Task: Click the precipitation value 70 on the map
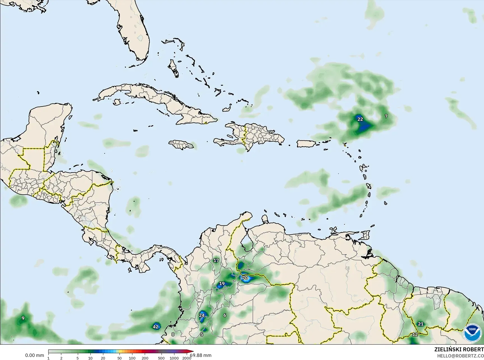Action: [x=245, y=278]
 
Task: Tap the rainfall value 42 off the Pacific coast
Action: [x=156, y=327]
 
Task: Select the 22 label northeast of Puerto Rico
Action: [x=360, y=119]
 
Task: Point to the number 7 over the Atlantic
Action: [x=386, y=116]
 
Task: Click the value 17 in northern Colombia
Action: [x=216, y=260]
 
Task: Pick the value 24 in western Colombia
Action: [x=202, y=315]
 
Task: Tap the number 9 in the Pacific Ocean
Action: [x=23, y=318]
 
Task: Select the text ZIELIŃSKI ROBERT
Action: [x=459, y=349]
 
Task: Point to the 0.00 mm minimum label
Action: [x=34, y=356]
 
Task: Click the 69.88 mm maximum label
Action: [x=201, y=356]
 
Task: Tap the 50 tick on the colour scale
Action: [x=119, y=358]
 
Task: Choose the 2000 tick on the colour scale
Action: [x=187, y=358]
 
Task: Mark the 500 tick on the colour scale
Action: [x=161, y=358]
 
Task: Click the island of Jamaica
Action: [x=181, y=144]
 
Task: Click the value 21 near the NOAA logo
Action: [x=420, y=324]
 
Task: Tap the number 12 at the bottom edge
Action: [x=415, y=335]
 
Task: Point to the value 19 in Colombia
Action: [x=222, y=284]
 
